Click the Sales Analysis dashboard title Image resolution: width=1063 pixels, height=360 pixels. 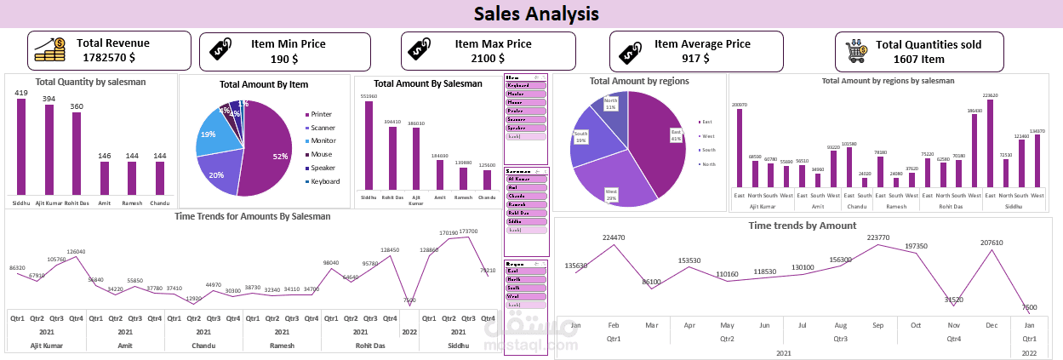coord(535,14)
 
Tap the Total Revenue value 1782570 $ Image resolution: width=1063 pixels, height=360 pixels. coord(108,58)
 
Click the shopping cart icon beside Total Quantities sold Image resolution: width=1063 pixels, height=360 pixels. coord(854,53)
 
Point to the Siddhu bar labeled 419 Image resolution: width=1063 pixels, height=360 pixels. coord(21,146)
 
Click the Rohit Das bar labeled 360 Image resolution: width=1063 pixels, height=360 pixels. coord(77,153)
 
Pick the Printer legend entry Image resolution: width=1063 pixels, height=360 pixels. coord(321,114)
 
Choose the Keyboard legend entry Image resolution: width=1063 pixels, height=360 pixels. coord(324,181)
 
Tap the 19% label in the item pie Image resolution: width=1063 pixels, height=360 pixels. coord(208,134)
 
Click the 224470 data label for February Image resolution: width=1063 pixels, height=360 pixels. coord(613,237)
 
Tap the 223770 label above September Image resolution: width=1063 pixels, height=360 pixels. coord(877,237)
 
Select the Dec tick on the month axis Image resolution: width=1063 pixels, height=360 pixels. coord(990,325)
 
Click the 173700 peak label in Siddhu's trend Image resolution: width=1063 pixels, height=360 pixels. coord(468,231)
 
